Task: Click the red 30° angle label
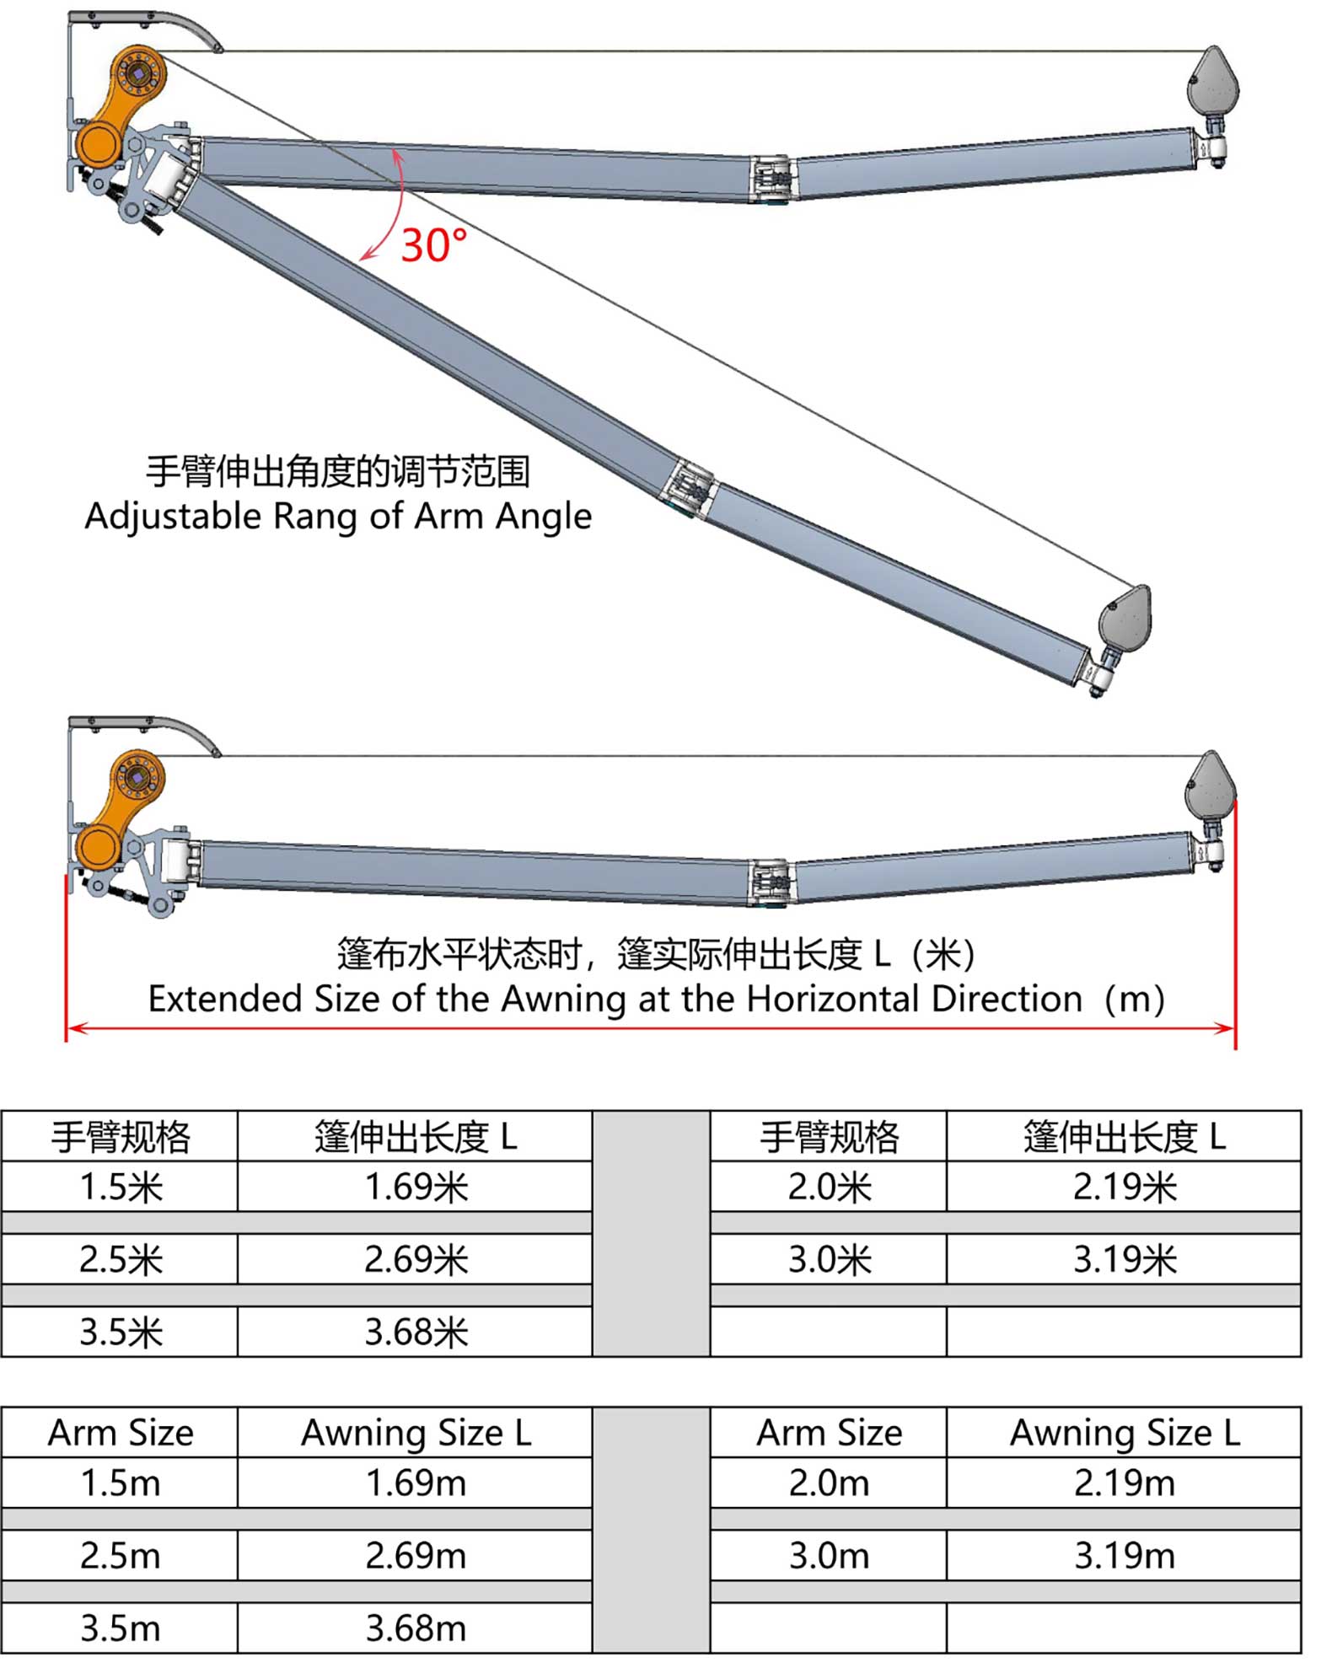click(x=433, y=246)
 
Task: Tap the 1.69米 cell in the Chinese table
click(x=416, y=1187)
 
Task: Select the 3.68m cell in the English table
click(x=416, y=1628)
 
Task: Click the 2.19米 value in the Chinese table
click(x=1125, y=1187)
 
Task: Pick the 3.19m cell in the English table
click(x=1125, y=1556)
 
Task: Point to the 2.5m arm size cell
click(x=120, y=1556)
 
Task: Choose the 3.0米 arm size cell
click(x=829, y=1259)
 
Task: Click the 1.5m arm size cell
click(x=120, y=1483)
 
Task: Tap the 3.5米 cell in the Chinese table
click(x=120, y=1332)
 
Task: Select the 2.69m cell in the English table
click(x=416, y=1556)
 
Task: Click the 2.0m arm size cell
click(x=829, y=1483)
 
